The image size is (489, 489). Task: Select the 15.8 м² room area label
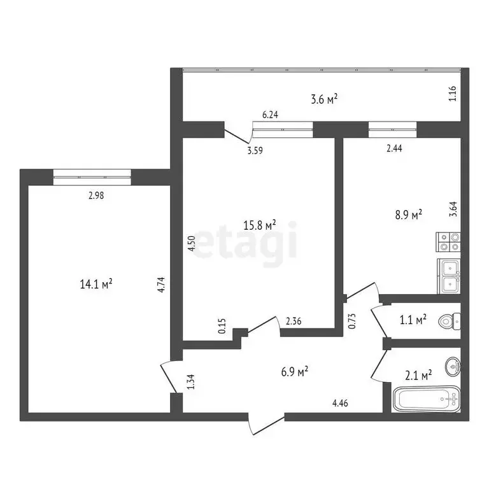point(260,225)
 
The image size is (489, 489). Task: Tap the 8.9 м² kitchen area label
point(408,216)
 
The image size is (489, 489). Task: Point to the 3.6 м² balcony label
point(323,99)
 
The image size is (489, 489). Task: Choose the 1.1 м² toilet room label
point(412,320)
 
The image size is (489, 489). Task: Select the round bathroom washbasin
point(452,365)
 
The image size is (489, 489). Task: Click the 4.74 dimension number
point(162,283)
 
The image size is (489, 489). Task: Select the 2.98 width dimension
point(96,196)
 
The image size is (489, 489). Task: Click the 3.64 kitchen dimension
point(453,209)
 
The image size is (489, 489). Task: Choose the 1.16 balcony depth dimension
point(453,95)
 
